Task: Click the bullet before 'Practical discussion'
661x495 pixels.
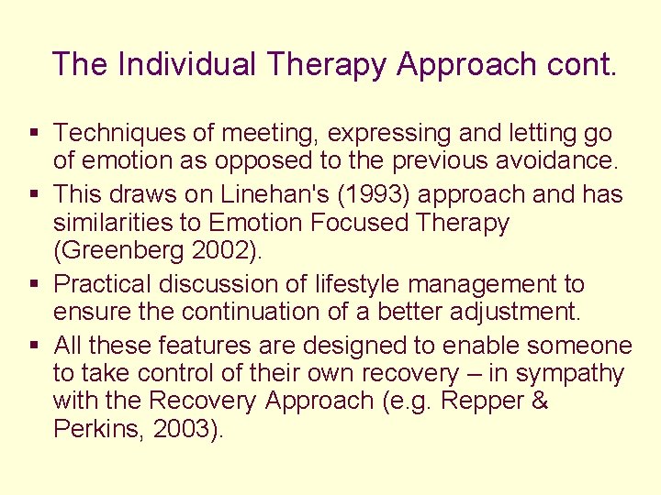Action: pos(34,285)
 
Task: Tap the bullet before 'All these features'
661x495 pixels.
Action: pos(34,345)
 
